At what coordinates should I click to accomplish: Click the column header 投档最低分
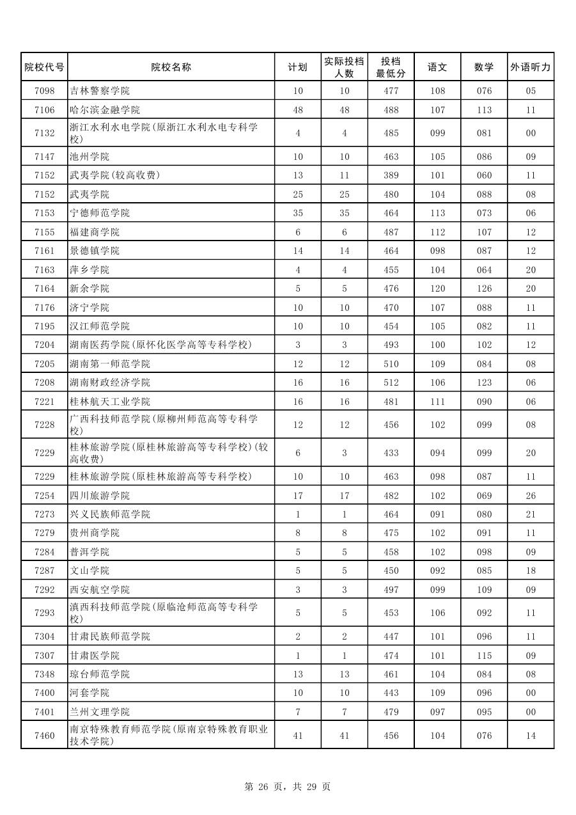pyautogui.click(x=391, y=67)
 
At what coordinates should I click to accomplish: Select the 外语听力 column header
pyautogui.click(x=531, y=67)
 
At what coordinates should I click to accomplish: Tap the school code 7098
pyautogui.click(x=44, y=91)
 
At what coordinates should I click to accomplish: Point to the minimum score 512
pyautogui.click(x=391, y=383)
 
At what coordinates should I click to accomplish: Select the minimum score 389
pyautogui.click(x=391, y=175)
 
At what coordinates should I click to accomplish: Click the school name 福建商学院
pyautogui.click(x=95, y=232)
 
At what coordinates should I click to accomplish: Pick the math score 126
pyautogui.click(x=484, y=289)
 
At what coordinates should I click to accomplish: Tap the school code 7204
pyautogui.click(x=44, y=345)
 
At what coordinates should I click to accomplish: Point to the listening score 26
pyautogui.click(x=531, y=496)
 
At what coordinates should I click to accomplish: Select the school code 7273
pyautogui.click(x=44, y=514)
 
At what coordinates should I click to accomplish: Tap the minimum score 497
pyautogui.click(x=391, y=590)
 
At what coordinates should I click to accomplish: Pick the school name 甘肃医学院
pyautogui.click(x=95, y=656)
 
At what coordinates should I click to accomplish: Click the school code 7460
pyautogui.click(x=44, y=736)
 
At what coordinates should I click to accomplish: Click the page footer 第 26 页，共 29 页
pyautogui.click(x=288, y=787)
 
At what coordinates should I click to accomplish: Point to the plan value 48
pyautogui.click(x=298, y=110)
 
